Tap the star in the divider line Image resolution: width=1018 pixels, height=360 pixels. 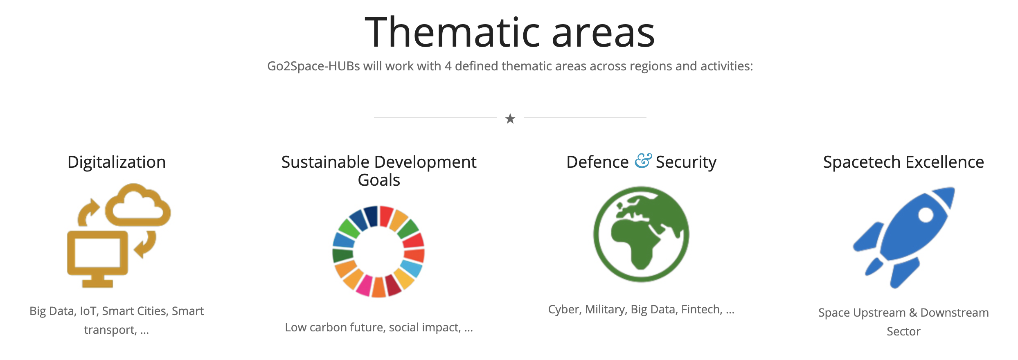pos(510,119)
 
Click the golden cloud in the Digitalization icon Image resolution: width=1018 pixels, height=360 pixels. pos(138,205)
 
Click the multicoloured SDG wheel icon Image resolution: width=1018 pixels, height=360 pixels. pos(378,252)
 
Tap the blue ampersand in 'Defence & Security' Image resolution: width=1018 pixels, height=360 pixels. pos(643,161)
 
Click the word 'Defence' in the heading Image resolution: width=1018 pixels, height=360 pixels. pos(597,162)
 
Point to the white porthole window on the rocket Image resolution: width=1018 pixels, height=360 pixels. pos(926,215)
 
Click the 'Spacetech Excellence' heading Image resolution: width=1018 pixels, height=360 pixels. pos(903,162)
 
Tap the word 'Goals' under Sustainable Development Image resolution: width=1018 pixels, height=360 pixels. pos(379,180)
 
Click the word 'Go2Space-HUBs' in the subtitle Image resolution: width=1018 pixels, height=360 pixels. pos(313,66)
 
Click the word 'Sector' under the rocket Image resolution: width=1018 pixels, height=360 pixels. pos(903,331)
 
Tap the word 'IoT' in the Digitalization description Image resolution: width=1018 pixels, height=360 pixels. pos(88,311)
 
